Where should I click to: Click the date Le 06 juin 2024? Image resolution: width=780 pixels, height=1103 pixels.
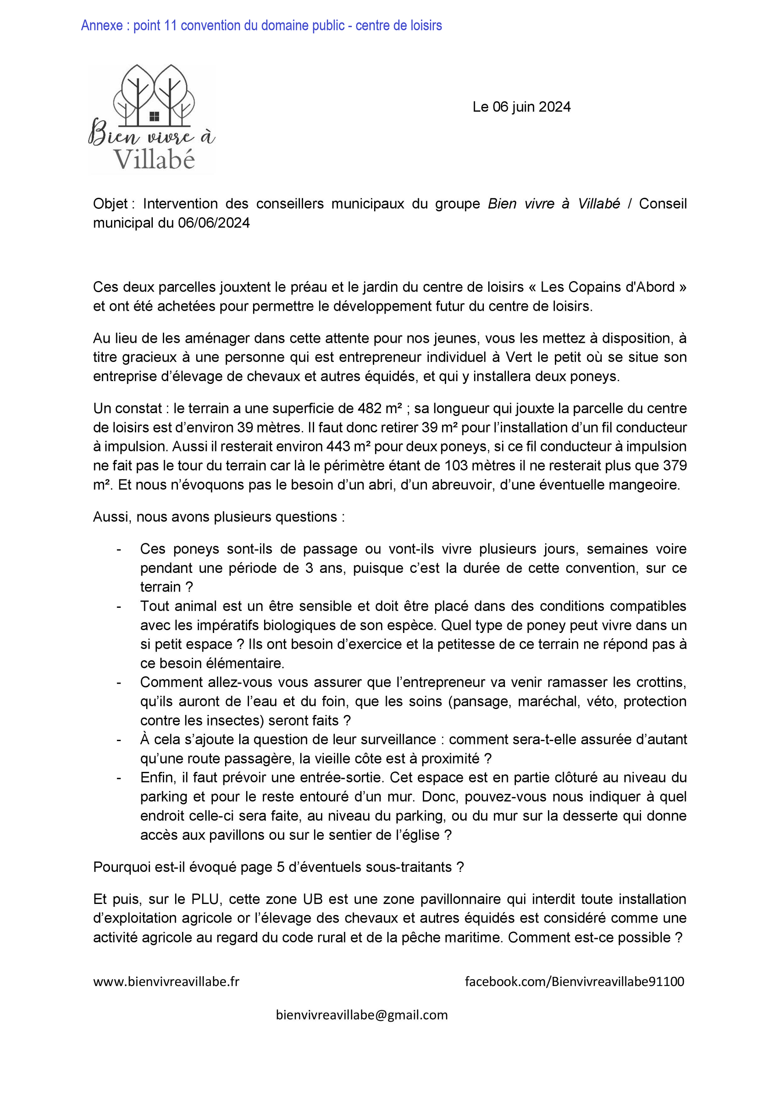[521, 107]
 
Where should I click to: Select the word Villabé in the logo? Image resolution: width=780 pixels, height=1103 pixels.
[154, 160]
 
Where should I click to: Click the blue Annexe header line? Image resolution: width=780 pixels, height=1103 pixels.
[261, 26]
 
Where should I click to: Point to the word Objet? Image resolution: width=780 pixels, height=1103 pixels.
[110, 204]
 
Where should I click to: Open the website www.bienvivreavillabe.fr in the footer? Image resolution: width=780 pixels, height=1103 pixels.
[166, 982]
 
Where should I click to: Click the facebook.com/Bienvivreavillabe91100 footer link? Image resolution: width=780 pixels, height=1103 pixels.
[574, 982]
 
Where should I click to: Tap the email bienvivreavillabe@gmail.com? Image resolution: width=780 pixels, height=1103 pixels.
[362, 1015]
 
